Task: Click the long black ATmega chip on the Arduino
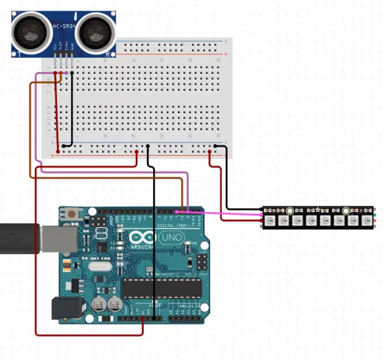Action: point(160,287)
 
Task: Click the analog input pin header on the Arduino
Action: point(188,318)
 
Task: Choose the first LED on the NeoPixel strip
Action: point(272,219)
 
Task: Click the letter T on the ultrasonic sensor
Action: point(20,53)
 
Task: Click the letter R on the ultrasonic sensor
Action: point(107,55)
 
